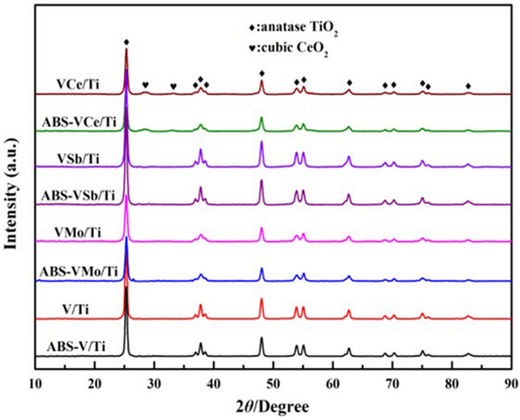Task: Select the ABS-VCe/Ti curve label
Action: [76, 122]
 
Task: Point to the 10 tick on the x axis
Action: [35, 380]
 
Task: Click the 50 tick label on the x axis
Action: [273, 380]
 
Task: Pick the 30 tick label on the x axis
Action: [155, 380]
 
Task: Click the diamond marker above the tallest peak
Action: [126, 42]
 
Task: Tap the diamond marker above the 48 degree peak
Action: [261, 73]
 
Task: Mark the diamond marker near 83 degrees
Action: [468, 85]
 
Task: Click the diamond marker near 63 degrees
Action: [349, 82]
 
